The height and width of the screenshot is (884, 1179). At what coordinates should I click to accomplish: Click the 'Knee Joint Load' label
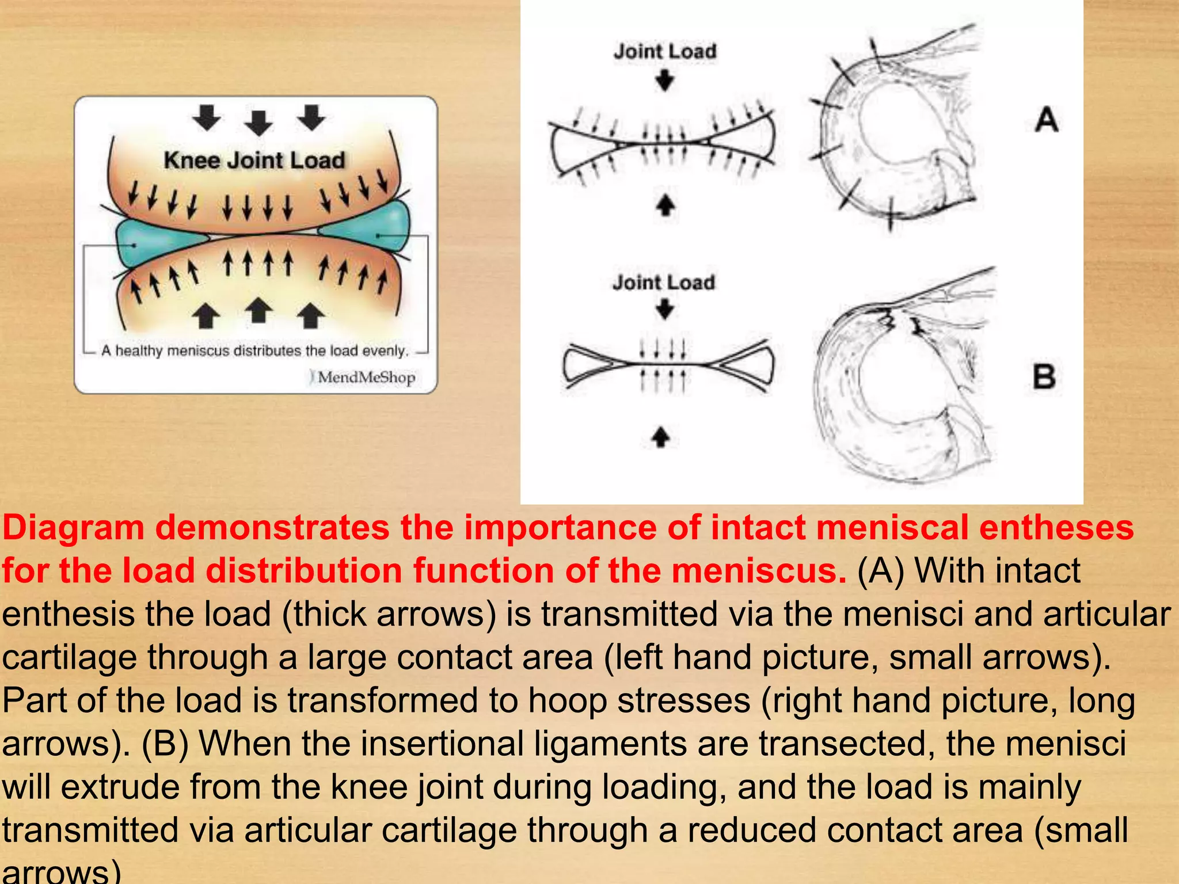coord(254,160)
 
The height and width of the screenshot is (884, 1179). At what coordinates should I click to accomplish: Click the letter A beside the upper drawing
coord(1047,120)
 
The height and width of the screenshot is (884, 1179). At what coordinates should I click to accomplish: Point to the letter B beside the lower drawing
coord(1044,378)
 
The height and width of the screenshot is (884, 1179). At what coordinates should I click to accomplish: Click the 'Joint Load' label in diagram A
coord(665,51)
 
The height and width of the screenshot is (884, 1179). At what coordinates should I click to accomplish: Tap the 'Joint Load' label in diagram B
coord(663,283)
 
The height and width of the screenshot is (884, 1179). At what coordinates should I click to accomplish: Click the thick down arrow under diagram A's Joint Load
coord(665,81)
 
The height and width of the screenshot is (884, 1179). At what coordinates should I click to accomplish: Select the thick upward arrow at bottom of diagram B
coord(661,437)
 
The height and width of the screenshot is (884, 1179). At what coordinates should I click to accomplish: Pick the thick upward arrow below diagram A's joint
coord(665,205)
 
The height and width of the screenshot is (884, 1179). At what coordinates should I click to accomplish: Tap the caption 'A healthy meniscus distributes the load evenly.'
coord(254,350)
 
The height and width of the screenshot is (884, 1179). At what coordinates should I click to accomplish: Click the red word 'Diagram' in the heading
coord(74,528)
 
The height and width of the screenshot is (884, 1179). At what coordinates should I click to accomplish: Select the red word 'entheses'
coord(1056,528)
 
